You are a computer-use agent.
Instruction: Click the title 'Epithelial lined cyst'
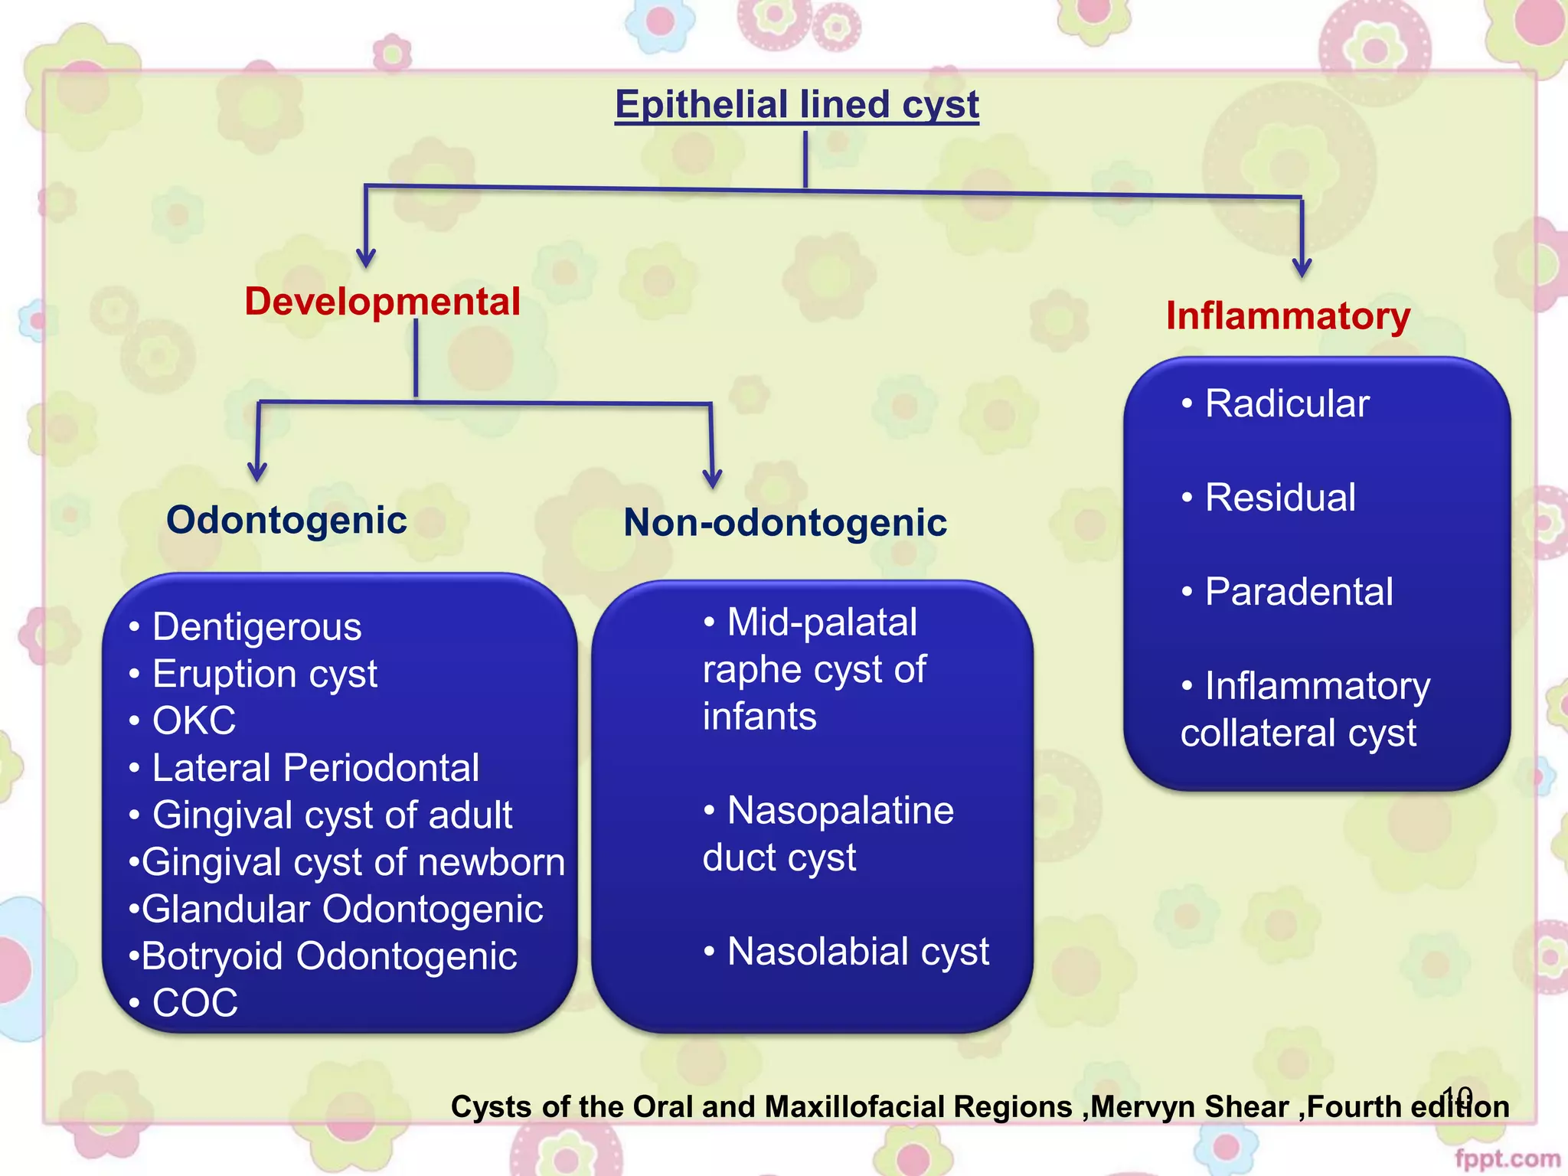[797, 105]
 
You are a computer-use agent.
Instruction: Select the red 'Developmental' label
[382, 302]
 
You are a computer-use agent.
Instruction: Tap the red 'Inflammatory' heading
[1288, 316]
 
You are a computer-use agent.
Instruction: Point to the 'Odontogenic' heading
[286, 521]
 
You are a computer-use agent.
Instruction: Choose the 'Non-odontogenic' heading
[785, 523]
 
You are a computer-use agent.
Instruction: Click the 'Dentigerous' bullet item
[256, 627]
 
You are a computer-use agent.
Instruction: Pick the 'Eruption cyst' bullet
[264, 675]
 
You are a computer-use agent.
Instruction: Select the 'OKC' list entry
[194, 721]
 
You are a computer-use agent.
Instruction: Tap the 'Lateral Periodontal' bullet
[315, 768]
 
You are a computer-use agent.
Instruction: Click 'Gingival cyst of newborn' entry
[353, 862]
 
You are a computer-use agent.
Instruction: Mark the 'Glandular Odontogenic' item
[342, 910]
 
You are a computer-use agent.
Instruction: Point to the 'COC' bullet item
[194, 1003]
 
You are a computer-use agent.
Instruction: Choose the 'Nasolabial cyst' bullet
[857, 952]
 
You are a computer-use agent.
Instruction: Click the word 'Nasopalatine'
[840, 811]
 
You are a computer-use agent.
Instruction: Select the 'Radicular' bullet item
[1286, 404]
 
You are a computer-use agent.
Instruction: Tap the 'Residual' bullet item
[1280, 498]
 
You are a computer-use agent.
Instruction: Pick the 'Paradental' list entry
[1298, 592]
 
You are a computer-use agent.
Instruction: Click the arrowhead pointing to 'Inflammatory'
[1302, 268]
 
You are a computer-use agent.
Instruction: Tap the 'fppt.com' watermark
[1507, 1158]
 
